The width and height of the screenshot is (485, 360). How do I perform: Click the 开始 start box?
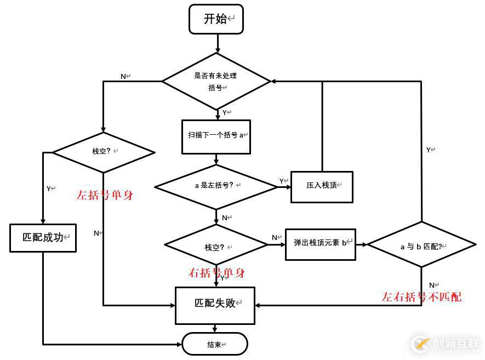(x=216, y=19)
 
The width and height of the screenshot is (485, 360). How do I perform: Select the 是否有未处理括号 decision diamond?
(x=216, y=81)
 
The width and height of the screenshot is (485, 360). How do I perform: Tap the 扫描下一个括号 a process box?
(x=216, y=136)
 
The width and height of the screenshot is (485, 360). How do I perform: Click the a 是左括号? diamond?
(x=216, y=187)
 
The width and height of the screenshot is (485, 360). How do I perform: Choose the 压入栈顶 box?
(x=321, y=186)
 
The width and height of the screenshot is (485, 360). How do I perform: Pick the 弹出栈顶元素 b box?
(x=321, y=244)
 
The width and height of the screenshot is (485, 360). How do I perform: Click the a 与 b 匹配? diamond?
(x=421, y=245)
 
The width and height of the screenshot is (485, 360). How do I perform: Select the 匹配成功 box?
(x=43, y=238)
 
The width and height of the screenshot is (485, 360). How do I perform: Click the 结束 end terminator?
(x=215, y=344)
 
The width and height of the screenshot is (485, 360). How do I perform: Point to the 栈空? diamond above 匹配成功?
(x=104, y=152)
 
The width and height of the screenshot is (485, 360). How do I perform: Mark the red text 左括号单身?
(x=105, y=195)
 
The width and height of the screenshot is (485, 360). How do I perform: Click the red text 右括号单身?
(x=216, y=273)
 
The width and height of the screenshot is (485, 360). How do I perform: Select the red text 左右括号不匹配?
(x=421, y=297)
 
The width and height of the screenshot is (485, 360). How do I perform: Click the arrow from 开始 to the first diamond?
(x=218, y=43)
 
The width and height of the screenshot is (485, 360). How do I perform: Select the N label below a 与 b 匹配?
(x=432, y=285)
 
